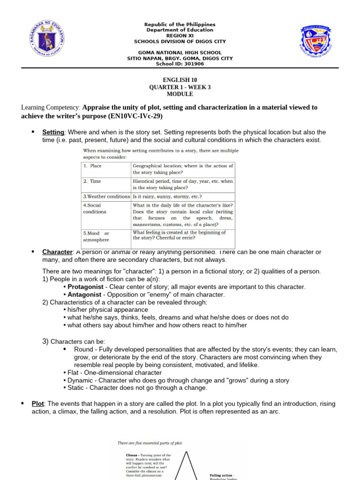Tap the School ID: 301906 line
click(180, 64)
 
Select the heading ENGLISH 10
click(180, 80)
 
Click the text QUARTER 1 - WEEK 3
click(180, 87)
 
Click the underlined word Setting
click(53, 132)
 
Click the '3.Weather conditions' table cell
click(106, 196)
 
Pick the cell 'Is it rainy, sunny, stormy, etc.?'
click(167, 196)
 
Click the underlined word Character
click(57, 252)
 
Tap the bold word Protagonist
click(86, 286)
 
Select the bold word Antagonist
click(84, 294)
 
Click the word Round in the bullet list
click(82, 349)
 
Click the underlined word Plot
click(37, 404)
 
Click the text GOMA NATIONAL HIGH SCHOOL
click(180, 53)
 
